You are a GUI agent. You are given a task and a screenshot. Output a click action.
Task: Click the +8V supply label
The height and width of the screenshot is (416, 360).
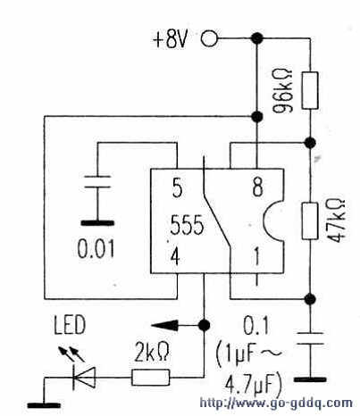coord(170,39)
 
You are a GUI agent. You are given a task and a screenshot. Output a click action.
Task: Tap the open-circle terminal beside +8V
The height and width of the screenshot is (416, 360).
coord(209,38)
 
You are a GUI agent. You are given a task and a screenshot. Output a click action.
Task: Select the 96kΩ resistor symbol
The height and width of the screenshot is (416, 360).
coord(310,90)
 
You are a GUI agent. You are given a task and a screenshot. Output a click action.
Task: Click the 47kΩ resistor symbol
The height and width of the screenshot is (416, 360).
coord(310,220)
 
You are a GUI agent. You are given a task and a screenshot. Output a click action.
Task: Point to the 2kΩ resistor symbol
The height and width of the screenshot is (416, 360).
coord(151,378)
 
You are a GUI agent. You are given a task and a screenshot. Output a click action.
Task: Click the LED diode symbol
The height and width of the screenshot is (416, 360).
coord(84,378)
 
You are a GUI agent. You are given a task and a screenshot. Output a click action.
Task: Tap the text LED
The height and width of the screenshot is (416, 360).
coord(70,325)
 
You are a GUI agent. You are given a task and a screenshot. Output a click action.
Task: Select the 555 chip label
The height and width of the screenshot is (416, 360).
coord(187,225)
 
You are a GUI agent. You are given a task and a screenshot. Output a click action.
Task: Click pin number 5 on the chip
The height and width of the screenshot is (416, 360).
coord(177,187)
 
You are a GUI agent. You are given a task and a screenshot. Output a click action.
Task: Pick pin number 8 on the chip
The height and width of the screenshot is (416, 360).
coord(258,187)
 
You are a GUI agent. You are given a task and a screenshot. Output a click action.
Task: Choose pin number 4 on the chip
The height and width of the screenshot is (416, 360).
coord(175,256)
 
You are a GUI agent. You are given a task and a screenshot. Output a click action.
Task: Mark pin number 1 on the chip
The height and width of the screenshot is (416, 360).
coord(256,256)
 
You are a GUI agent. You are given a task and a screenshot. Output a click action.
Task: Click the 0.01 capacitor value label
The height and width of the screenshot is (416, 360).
coord(96,249)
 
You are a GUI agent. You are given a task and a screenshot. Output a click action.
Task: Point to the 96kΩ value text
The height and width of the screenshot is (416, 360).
coord(282,91)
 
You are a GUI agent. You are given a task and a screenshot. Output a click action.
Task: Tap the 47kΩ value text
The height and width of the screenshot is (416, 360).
coord(336,220)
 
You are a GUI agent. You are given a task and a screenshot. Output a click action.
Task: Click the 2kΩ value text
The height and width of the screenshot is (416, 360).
coord(152,352)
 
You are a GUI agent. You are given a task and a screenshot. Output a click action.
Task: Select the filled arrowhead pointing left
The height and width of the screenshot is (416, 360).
coord(164,325)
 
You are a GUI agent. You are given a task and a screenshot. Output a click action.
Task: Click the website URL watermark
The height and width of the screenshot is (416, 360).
coord(276,403)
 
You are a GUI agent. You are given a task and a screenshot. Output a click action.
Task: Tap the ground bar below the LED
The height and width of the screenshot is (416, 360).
coord(44,405)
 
